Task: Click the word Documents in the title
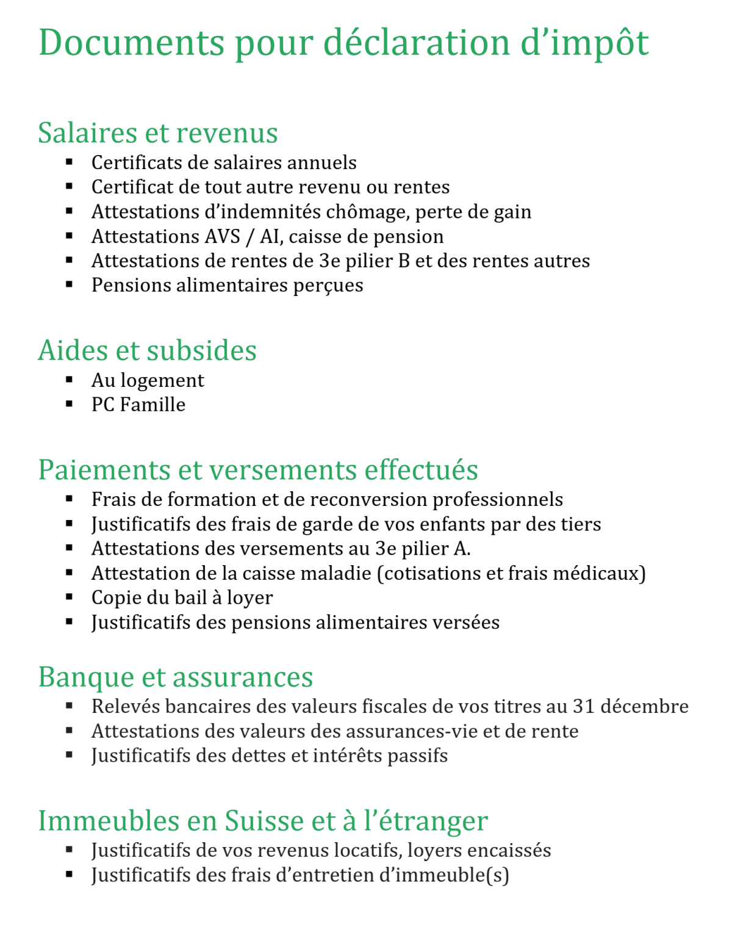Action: click(132, 43)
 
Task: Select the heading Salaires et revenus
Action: click(158, 133)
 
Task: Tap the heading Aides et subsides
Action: click(148, 350)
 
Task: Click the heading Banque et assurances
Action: click(176, 677)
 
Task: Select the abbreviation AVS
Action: click(223, 236)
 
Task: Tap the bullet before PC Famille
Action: click(70, 404)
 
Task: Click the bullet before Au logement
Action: click(70, 380)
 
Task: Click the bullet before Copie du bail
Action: click(70, 597)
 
